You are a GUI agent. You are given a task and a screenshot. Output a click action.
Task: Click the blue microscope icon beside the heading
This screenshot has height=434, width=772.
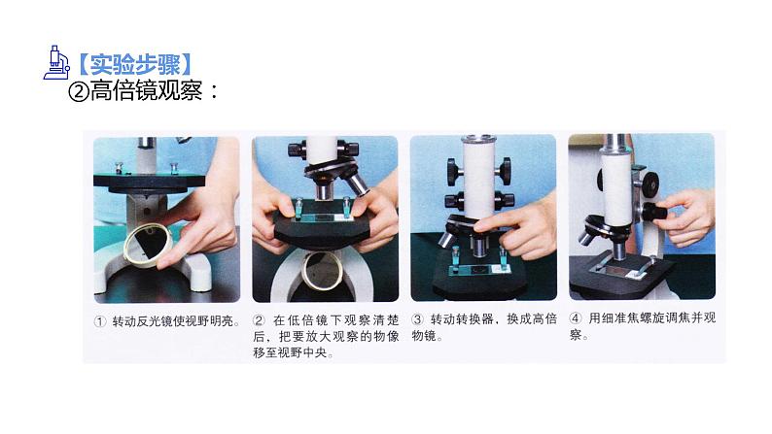tap(57, 62)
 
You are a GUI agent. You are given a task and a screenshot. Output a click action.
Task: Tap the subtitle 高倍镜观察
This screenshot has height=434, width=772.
tap(146, 91)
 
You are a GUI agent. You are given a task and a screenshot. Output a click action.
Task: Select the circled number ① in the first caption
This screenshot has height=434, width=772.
tap(100, 322)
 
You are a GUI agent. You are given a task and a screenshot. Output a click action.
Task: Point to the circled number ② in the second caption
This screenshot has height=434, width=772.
tap(259, 320)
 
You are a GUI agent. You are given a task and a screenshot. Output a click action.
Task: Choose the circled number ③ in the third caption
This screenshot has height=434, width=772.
tap(417, 319)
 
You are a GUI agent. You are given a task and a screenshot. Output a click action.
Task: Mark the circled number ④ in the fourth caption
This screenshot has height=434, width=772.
tap(575, 318)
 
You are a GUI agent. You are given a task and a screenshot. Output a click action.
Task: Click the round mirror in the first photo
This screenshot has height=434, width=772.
tap(147, 248)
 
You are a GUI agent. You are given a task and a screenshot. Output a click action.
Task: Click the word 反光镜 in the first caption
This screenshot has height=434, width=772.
tap(155, 322)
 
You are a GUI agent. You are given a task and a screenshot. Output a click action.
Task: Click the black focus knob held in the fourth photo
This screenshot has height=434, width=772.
tap(653, 213)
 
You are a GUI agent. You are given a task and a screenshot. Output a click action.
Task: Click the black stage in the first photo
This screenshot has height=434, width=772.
tap(149, 181)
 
